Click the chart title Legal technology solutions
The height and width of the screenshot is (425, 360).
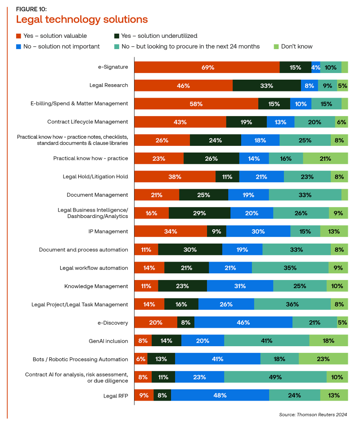click(81, 19)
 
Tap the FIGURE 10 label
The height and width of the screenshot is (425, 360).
click(31, 9)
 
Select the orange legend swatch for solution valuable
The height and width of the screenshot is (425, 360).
click(18, 36)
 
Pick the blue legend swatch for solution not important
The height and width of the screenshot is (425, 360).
click(18, 46)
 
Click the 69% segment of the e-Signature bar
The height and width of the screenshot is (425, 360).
click(207, 67)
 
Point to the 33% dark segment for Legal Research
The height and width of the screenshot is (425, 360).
click(266, 85)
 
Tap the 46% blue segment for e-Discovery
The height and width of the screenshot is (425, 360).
click(243, 322)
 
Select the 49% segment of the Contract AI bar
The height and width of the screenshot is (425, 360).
click(275, 377)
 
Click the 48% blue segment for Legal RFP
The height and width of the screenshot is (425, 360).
click(220, 395)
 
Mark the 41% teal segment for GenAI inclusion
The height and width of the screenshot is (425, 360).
click(266, 341)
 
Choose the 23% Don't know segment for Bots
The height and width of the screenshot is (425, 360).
click(323, 359)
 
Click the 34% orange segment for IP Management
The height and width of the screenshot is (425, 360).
click(171, 231)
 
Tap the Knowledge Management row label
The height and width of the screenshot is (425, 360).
click(96, 286)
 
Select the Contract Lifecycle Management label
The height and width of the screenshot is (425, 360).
click(88, 122)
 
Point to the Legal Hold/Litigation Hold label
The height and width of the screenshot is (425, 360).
click(95, 176)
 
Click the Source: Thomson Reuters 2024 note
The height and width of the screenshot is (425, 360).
click(313, 414)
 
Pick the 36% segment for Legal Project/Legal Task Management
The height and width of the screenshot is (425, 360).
click(292, 304)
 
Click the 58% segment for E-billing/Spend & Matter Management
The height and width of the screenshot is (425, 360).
click(196, 104)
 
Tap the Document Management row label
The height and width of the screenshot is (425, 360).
click(97, 195)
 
